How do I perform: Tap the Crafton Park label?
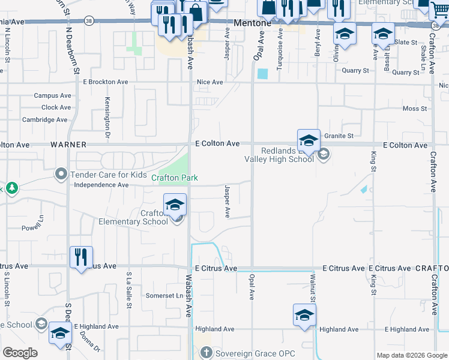pos(174,178)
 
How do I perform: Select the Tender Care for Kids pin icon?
pos(61,175)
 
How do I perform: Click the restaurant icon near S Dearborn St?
pos(81,257)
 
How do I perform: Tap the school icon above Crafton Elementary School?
pos(175,205)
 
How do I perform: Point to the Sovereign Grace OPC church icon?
pos(206,353)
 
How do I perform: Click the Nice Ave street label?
pos(210,82)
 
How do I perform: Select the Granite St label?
pos(339,136)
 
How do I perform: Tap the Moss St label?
pos(415,109)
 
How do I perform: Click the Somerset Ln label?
pos(164,296)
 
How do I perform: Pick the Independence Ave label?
pos(101,185)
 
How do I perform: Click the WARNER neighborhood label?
pos(68,145)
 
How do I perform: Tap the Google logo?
pos(20,353)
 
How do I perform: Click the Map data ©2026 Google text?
pos(412,355)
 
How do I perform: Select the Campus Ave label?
pos(52,95)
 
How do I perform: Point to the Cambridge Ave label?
pos(45,119)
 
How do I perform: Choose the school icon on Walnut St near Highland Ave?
pos(304,314)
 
